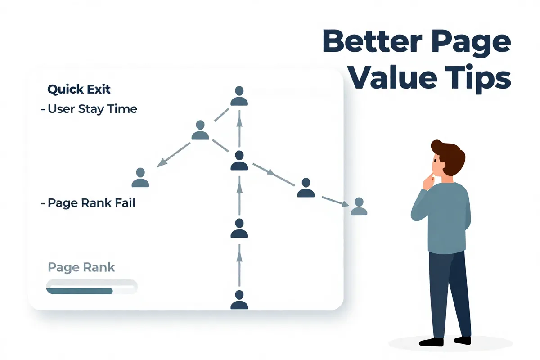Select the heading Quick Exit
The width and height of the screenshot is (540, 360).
[x=79, y=89]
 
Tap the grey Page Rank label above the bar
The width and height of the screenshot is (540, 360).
[x=81, y=267]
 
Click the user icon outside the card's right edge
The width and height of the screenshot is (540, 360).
[x=359, y=207]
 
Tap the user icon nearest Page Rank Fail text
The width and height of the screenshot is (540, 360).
[x=140, y=177]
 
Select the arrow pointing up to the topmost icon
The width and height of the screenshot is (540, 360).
[x=239, y=128]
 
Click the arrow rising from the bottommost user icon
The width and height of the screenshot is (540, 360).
[x=239, y=265]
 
